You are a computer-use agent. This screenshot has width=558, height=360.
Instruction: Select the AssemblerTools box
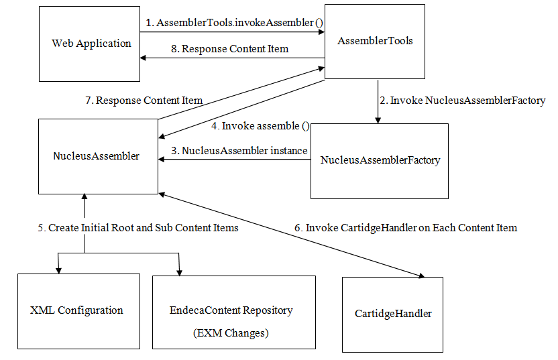pos(375,42)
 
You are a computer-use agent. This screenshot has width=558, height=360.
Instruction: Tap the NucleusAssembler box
pos(98,156)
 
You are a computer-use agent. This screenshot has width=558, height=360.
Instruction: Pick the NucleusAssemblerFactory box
pos(380,161)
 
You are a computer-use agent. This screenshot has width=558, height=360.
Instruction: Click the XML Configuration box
pos(77,311)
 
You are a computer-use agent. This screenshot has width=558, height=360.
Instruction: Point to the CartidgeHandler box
pos(392,314)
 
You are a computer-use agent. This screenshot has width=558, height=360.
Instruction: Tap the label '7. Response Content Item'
pos(144,101)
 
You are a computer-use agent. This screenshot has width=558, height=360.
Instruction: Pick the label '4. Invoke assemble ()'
pos(260,125)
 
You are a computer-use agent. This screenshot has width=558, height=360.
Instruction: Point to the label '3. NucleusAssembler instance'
pos(239,151)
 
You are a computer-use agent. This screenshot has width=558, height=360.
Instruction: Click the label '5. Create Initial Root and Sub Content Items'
pos(137,228)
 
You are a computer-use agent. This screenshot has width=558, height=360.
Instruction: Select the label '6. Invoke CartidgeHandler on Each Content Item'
pos(406,228)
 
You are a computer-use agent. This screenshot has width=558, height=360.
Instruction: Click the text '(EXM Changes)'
pos(231,333)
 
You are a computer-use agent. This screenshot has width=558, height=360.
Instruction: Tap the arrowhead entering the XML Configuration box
pos(59,270)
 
